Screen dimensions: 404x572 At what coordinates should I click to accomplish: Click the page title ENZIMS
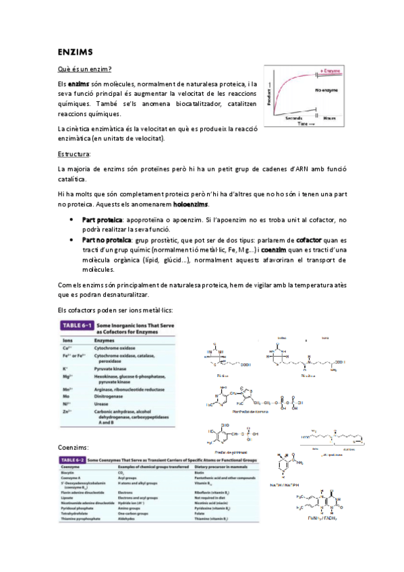click(x=75, y=51)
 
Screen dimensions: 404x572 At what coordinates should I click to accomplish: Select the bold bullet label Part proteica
click(x=102, y=220)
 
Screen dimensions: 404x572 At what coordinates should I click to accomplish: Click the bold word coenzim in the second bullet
click(x=275, y=249)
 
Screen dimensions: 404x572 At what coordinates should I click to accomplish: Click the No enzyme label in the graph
click(x=326, y=88)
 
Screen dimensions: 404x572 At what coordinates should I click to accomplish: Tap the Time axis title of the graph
click(x=306, y=124)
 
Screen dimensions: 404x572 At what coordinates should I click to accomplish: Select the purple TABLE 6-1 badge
click(x=78, y=326)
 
